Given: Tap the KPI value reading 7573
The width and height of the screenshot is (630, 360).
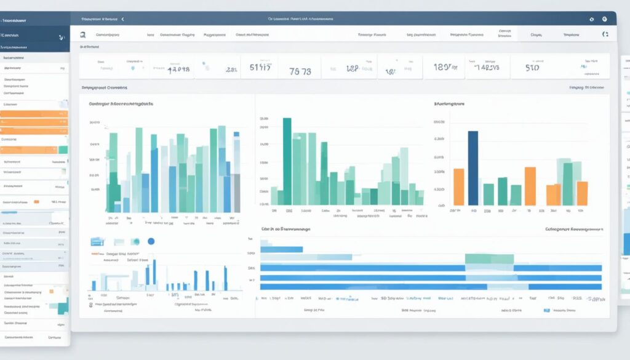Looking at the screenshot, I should [x=300, y=71].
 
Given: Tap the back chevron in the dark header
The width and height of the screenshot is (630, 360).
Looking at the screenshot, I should [x=122, y=20].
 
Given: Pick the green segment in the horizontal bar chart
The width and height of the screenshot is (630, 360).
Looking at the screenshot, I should [x=489, y=259].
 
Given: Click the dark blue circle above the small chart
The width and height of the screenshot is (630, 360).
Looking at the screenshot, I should [x=151, y=242].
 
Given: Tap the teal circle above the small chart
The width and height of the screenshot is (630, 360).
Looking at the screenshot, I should [x=135, y=242].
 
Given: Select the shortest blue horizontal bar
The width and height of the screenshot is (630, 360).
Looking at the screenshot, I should [x=282, y=249].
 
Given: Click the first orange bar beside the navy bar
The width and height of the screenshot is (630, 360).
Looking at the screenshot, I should [x=458, y=186].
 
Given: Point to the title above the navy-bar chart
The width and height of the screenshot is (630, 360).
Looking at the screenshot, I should [x=449, y=105].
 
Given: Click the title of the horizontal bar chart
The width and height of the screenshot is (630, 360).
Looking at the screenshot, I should [x=285, y=229].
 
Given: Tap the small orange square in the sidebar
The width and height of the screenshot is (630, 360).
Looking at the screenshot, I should [x=36, y=201].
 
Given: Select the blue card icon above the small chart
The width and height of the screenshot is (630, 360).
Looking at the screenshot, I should [x=96, y=242].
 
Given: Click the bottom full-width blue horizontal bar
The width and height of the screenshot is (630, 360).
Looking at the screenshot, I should [x=431, y=286].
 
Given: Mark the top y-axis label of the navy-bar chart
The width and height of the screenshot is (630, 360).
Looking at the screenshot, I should [x=439, y=122].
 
